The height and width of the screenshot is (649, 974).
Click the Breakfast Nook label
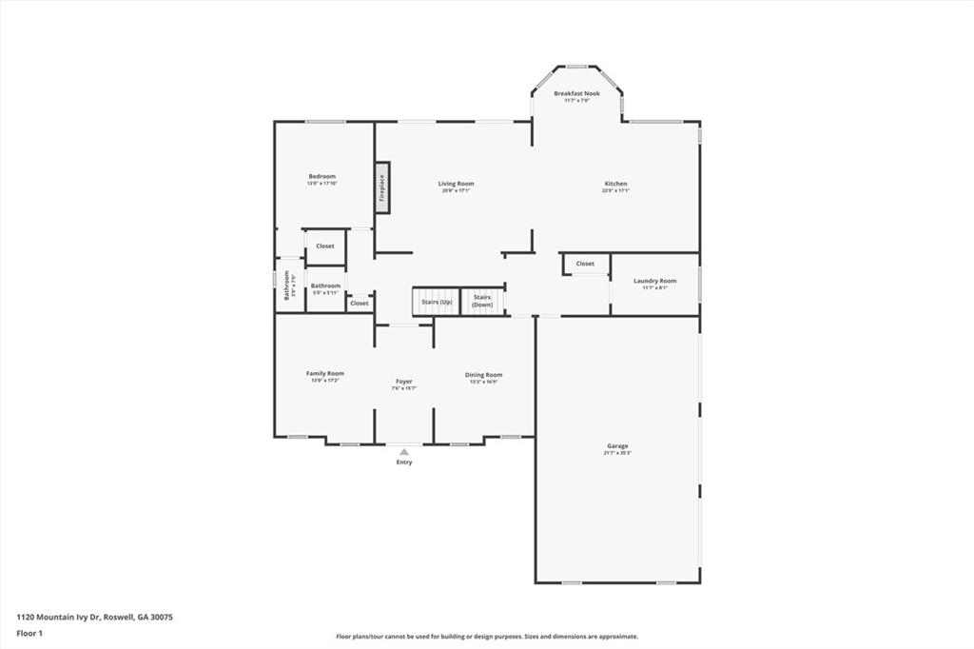click(576, 93)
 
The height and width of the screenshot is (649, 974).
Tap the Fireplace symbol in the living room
click(381, 187)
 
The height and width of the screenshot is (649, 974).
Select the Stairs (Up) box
click(437, 302)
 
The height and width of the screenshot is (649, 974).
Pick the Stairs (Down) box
click(482, 302)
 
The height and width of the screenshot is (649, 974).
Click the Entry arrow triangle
click(404, 452)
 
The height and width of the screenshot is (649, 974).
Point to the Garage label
click(617, 445)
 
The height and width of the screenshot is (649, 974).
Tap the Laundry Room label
click(654, 281)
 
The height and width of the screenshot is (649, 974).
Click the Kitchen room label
click(615, 184)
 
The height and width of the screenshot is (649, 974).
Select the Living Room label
click(456, 184)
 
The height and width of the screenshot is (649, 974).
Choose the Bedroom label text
click(321, 176)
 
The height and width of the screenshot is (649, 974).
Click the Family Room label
click(324, 373)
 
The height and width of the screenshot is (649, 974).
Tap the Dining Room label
click(483, 375)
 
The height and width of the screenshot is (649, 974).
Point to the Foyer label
click(404, 382)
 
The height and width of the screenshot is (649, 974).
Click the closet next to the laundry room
click(585, 264)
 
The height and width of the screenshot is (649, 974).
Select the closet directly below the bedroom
click(325, 246)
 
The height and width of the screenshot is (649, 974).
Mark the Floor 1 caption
click(29, 633)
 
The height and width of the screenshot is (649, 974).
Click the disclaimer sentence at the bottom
click(486, 637)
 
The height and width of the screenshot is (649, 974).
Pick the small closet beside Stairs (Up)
click(359, 304)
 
